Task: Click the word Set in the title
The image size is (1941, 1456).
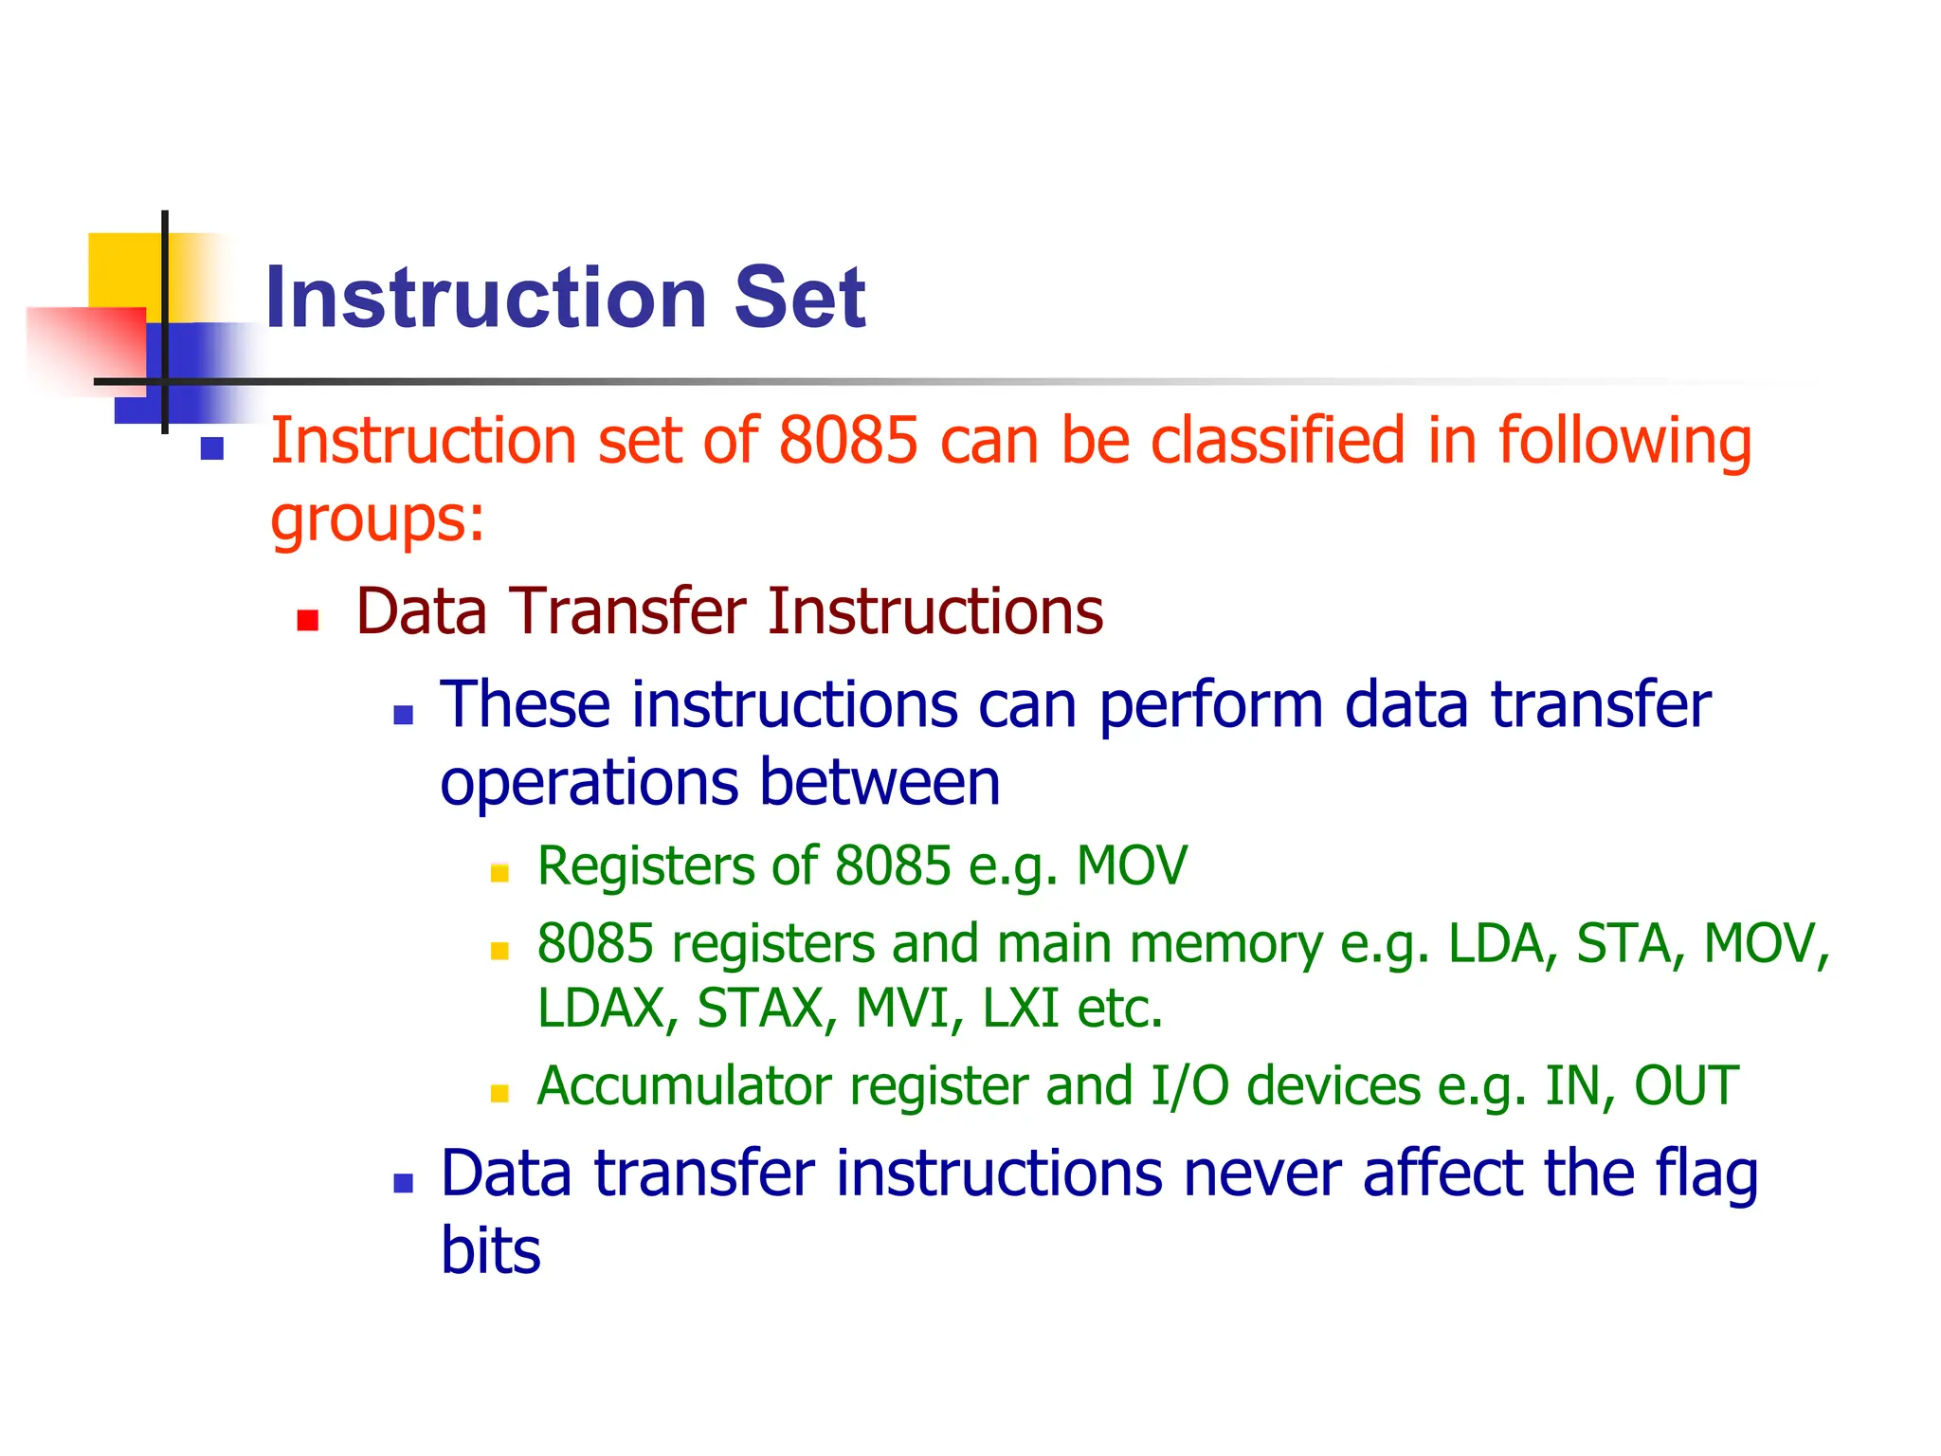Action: [x=799, y=298]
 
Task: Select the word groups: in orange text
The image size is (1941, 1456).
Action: [x=377, y=520]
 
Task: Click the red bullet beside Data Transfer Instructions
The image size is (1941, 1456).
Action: [x=307, y=621]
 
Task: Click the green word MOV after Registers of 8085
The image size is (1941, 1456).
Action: [x=1132, y=866]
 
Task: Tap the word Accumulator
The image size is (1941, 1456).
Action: [x=683, y=1086]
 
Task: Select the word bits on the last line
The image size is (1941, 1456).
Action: [x=490, y=1251]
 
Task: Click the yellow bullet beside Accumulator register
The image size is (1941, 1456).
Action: [x=499, y=1094]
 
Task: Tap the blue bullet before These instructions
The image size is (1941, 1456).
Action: [x=404, y=716]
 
